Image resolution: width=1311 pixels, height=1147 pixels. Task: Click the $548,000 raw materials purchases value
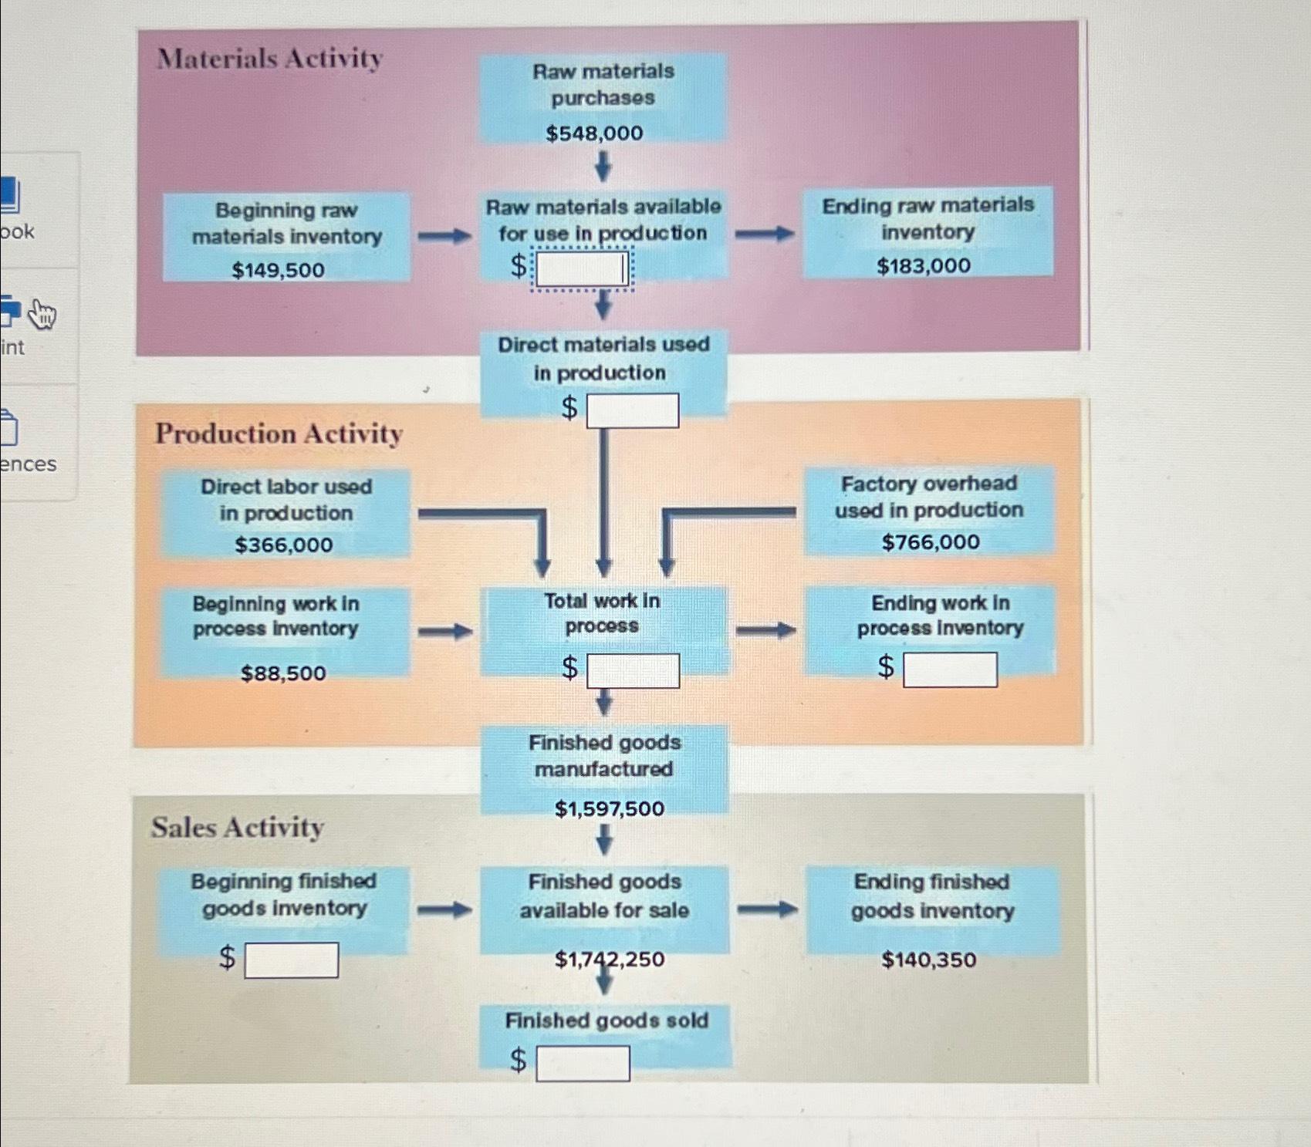click(x=594, y=133)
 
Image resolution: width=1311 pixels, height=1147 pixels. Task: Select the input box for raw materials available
click(x=582, y=268)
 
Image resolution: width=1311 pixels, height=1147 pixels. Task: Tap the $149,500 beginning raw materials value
click(x=279, y=270)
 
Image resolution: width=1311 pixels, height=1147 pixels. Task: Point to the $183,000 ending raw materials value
click(x=924, y=266)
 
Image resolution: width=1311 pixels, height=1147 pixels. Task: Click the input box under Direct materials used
click(x=633, y=410)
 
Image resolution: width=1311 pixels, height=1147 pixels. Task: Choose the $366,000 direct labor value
click(x=284, y=545)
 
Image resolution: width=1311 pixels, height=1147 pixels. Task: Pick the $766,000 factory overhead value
click(x=931, y=542)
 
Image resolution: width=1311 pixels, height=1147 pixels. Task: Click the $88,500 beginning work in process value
click(x=283, y=673)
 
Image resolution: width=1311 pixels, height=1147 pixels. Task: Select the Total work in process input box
click(x=633, y=670)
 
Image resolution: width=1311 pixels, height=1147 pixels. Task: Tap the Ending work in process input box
click(x=950, y=670)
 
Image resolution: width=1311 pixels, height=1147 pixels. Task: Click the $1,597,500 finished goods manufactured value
click(x=610, y=809)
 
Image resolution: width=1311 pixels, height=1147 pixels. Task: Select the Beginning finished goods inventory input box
click(x=292, y=960)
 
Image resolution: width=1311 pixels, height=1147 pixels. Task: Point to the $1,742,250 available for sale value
click(x=610, y=960)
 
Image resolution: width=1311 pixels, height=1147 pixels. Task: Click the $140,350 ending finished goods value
click(x=929, y=960)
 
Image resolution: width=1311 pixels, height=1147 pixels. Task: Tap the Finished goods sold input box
click(x=583, y=1063)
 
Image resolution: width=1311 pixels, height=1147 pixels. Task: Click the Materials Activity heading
click(x=270, y=59)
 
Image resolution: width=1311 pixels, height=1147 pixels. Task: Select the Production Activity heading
click(x=279, y=433)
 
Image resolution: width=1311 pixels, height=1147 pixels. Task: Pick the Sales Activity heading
click(x=238, y=827)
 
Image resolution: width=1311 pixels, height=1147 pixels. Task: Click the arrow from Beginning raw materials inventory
click(x=444, y=236)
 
